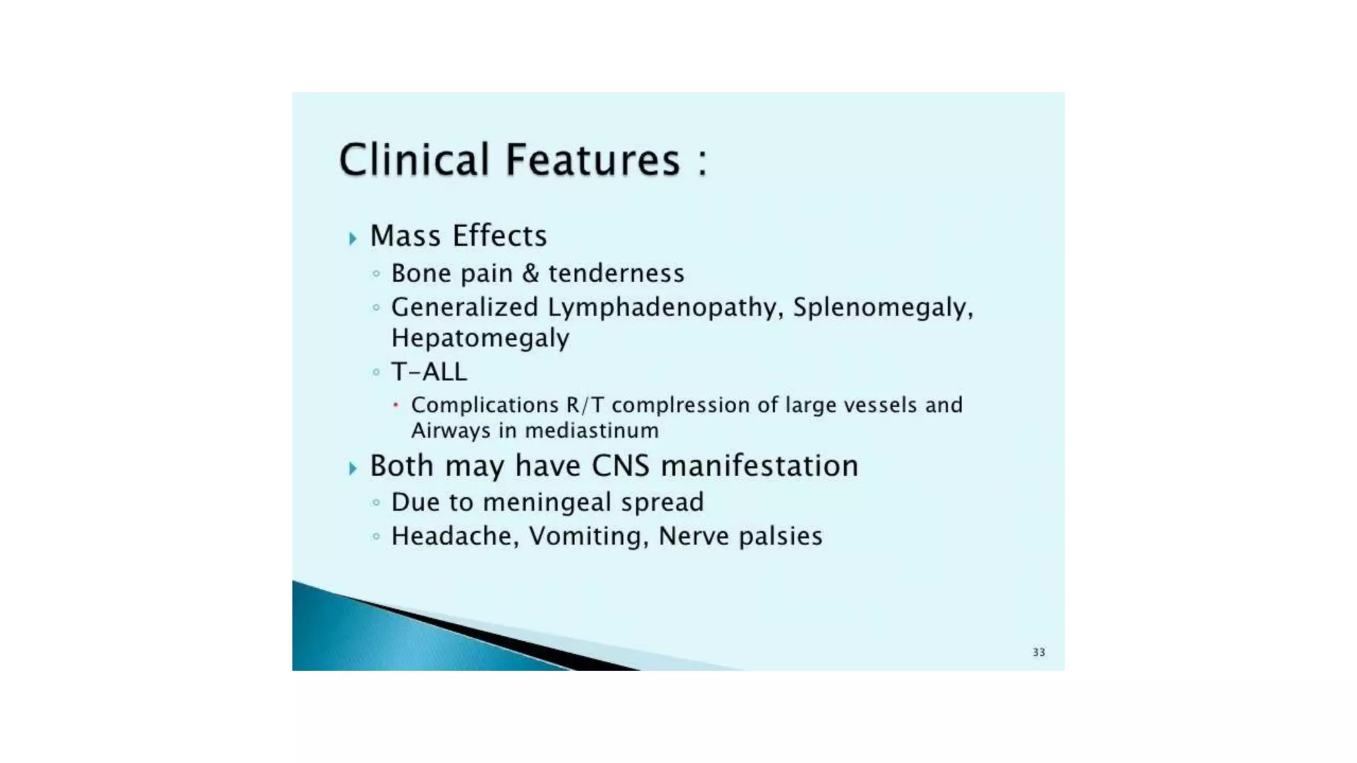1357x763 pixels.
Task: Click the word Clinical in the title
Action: pyautogui.click(x=413, y=160)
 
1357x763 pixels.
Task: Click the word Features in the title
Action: pyautogui.click(x=593, y=160)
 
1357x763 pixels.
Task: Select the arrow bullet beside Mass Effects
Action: pyautogui.click(x=353, y=238)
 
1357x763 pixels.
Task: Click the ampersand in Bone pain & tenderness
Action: pyautogui.click(x=530, y=274)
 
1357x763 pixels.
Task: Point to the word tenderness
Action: pyautogui.click(x=616, y=274)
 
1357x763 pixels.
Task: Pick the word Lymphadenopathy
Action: pyautogui.click(x=665, y=308)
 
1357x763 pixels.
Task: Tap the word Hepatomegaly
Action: pyautogui.click(x=480, y=338)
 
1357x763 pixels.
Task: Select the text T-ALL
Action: pyautogui.click(x=429, y=372)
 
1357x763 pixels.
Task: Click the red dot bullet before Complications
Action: pyautogui.click(x=396, y=405)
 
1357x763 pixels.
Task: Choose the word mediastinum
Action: pyautogui.click(x=592, y=431)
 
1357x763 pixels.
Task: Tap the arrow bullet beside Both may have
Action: pyautogui.click(x=353, y=468)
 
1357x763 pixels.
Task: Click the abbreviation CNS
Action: pyautogui.click(x=621, y=466)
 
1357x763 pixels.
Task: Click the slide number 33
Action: pyautogui.click(x=1038, y=652)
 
